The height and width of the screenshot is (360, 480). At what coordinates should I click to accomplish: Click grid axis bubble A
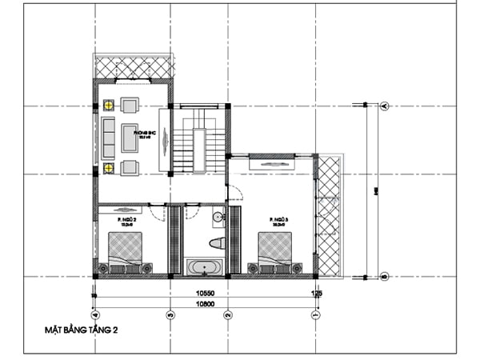(x=385, y=106)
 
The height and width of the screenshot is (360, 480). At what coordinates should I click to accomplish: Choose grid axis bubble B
(x=385, y=277)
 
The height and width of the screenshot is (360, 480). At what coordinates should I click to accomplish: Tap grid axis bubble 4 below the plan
(x=95, y=315)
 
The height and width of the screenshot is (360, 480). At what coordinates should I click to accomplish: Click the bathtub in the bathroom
(x=206, y=266)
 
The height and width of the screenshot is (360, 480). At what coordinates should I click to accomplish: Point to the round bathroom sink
(x=217, y=218)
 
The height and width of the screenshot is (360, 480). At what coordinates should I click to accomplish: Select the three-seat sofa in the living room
(x=107, y=136)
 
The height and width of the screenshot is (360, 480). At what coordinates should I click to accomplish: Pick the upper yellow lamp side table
(x=107, y=103)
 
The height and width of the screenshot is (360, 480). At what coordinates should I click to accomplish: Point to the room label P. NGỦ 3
(x=279, y=218)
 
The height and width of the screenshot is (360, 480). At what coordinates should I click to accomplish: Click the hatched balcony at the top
(x=134, y=66)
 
